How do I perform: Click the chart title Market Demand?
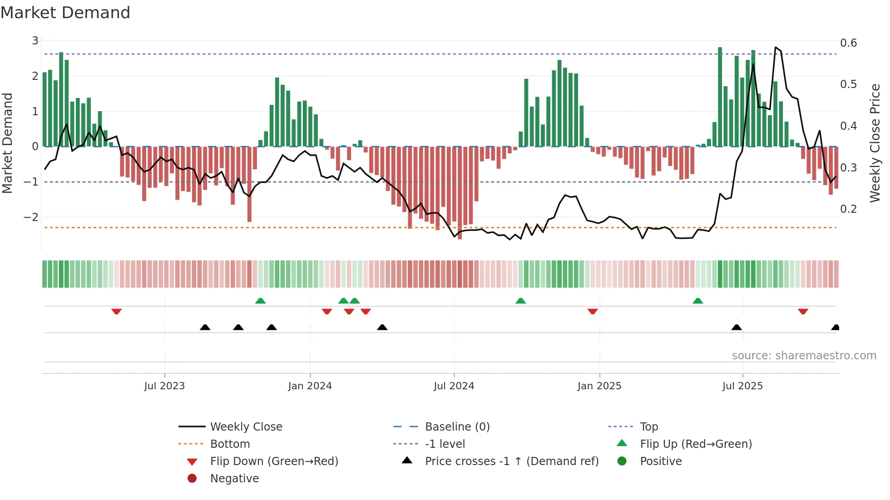pyautogui.click(x=65, y=13)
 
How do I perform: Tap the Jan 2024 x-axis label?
pyautogui.click(x=310, y=386)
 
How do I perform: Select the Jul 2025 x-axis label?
pyautogui.click(x=742, y=386)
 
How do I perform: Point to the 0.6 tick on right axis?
pyautogui.click(x=848, y=43)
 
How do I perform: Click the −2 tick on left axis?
pyautogui.click(x=31, y=217)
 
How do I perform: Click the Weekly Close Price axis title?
pyautogui.click(x=875, y=143)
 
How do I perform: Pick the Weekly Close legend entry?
pyautogui.click(x=246, y=427)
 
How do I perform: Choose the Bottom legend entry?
pyautogui.click(x=230, y=444)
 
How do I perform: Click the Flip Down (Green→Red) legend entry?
pyautogui.click(x=274, y=461)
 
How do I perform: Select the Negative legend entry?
pyautogui.click(x=234, y=479)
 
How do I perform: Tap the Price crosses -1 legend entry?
pyautogui.click(x=511, y=461)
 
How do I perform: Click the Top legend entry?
pyautogui.click(x=648, y=427)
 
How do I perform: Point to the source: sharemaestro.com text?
pyautogui.click(x=804, y=356)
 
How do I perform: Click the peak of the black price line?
pyautogui.click(x=776, y=47)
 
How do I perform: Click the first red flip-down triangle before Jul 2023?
pyautogui.click(x=116, y=311)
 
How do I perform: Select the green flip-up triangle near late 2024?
pyautogui.click(x=520, y=301)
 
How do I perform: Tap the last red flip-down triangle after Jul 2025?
pyautogui.click(x=803, y=311)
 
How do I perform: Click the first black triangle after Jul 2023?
pyautogui.click(x=205, y=327)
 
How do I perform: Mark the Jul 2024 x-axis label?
pyautogui.click(x=454, y=386)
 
